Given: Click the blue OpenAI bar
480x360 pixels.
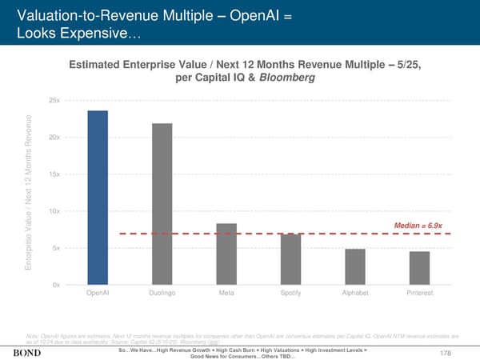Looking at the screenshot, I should click(x=98, y=197).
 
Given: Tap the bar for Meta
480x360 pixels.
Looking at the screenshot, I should click(x=226, y=254).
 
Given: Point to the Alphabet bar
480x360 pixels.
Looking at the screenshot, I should click(x=354, y=266).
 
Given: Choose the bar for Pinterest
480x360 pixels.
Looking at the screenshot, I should click(x=419, y=268).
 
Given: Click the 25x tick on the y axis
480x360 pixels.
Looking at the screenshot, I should click(x=54, y=100).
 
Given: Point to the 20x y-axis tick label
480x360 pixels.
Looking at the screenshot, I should click(x=54, y=137).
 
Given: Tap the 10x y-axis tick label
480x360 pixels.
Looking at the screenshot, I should click(x=54, y=211).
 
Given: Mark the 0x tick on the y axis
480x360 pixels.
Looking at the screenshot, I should click(x=55, y=285).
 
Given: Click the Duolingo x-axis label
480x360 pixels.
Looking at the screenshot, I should click(x=162, y=294).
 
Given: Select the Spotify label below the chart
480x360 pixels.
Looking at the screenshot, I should click(x=290, y=294).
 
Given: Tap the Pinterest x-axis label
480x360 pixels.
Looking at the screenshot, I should click(x=419, y=294).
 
